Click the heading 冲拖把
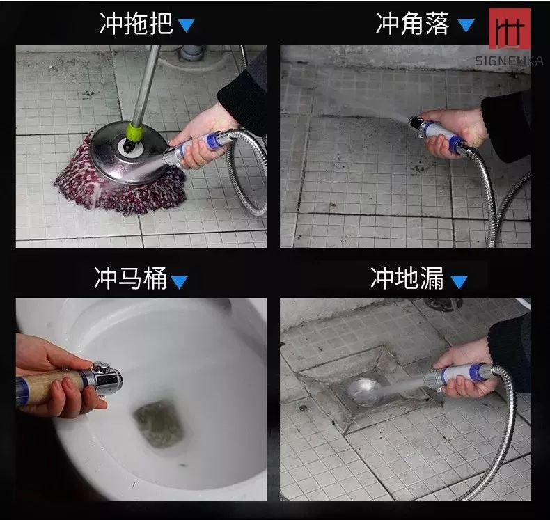136,24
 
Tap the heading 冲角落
412,24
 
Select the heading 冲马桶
130,278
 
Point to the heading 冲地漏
407,278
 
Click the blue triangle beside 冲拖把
186,26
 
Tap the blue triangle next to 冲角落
466,26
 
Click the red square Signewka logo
510,29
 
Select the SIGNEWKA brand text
509,61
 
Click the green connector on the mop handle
134,132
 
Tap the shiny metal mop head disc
128,153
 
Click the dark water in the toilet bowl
159,424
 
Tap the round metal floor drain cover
364,391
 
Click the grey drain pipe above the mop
192,52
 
